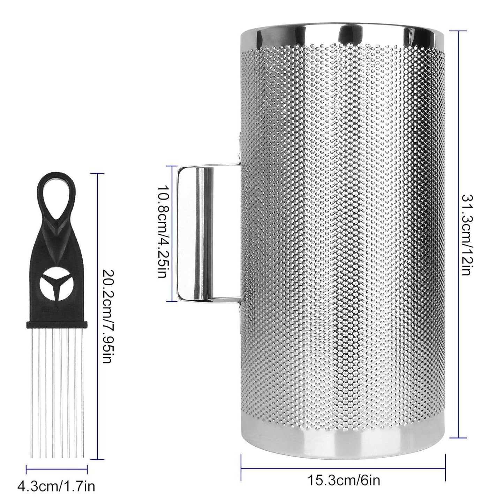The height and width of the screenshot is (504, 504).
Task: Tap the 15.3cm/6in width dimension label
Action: (344, 480)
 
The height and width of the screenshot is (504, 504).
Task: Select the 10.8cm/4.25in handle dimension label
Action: (161, 234)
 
